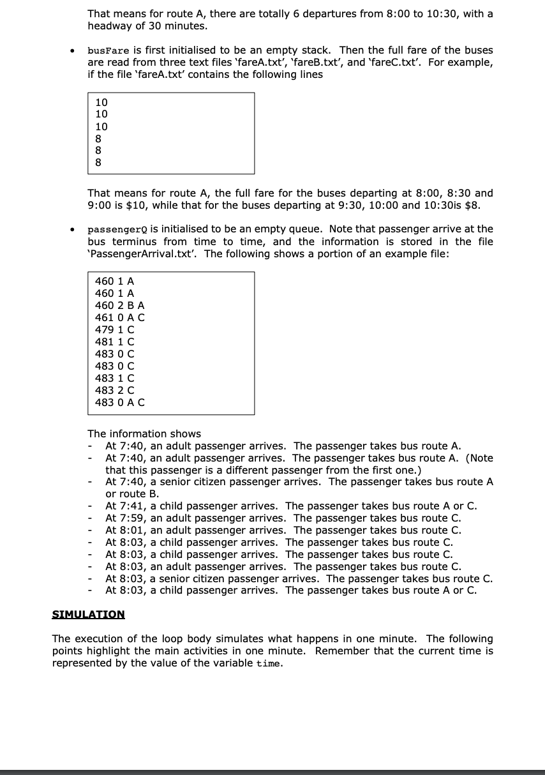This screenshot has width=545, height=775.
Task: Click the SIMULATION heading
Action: tap(88, 614)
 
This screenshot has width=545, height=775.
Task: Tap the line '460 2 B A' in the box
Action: tap(119, 305)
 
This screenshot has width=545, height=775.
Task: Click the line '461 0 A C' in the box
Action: tap(119, 317)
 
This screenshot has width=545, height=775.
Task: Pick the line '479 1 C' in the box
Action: tap(114, 329)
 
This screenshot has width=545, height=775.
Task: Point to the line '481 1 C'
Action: tap(114, 342)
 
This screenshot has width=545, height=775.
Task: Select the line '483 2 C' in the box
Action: tap(114, 390)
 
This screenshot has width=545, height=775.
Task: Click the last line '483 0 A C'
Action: tap(119, 402)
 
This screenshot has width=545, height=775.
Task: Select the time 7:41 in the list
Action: tap(133, 506)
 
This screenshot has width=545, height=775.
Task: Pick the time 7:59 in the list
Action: tap(133, 518)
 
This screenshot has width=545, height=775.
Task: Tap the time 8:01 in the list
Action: tap(133, 530)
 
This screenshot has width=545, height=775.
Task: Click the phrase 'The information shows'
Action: tap(144, 433)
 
